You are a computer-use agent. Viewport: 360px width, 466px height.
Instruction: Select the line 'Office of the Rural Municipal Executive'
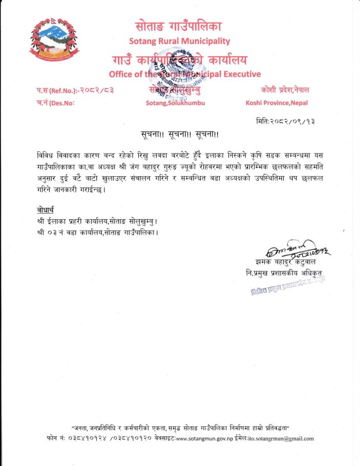pos(185,74)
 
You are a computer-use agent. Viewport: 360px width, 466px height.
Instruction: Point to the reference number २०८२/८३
pos(96,91)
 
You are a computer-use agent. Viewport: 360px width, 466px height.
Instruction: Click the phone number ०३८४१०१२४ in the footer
pos(92,439)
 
